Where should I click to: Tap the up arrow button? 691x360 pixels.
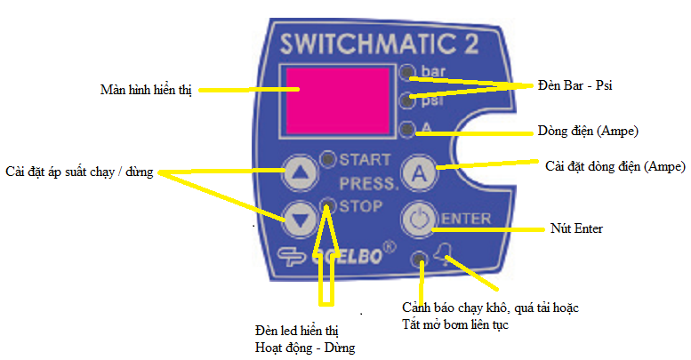click(x=300, y=172)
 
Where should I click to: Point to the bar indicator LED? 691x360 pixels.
click(x=407, y=72)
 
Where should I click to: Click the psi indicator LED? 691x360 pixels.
click(x=407, y=99)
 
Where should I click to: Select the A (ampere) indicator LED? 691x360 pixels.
click(x=407, y=130)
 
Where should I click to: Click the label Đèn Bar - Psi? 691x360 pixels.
click(x=575, y=86)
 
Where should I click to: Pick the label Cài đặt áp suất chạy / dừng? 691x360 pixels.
click(x=79, y=172)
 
